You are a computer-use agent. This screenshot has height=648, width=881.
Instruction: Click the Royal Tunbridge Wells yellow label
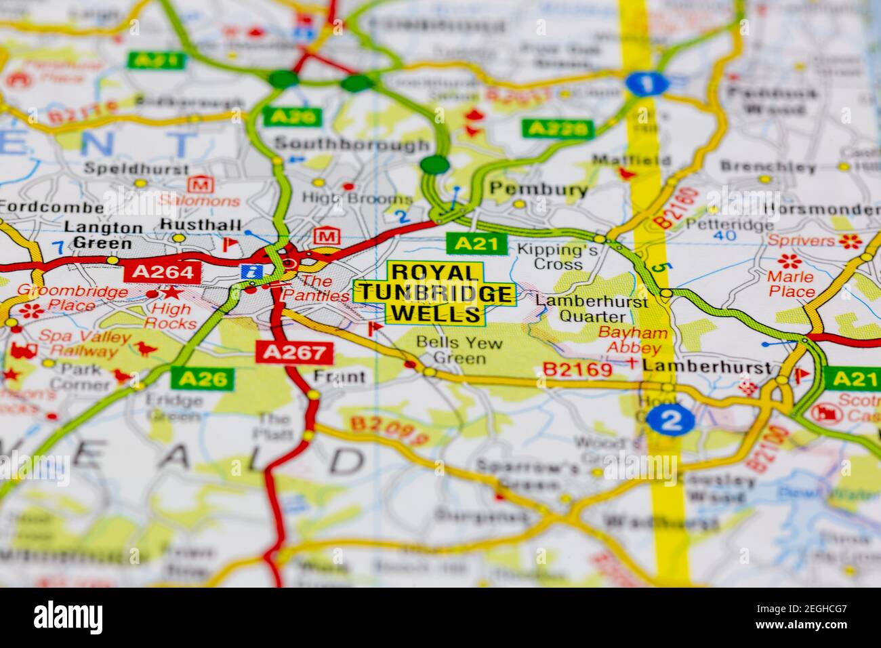434,293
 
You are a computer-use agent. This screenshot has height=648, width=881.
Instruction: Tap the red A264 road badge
163,272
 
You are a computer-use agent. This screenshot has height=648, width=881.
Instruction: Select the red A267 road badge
295,352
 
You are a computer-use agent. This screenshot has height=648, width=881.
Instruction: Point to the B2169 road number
577,369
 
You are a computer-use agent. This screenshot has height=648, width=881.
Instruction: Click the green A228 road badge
558,128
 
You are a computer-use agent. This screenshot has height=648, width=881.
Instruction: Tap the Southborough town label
352,144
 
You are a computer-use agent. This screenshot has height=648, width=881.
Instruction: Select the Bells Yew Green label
459,350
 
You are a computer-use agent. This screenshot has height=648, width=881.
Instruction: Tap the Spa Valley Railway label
77,343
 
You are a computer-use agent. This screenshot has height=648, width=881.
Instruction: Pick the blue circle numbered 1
647,83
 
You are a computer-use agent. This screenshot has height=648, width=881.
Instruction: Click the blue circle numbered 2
670,420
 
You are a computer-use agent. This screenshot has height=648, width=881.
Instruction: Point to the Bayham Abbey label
632,341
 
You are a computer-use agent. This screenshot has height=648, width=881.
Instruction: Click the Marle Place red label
791,284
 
